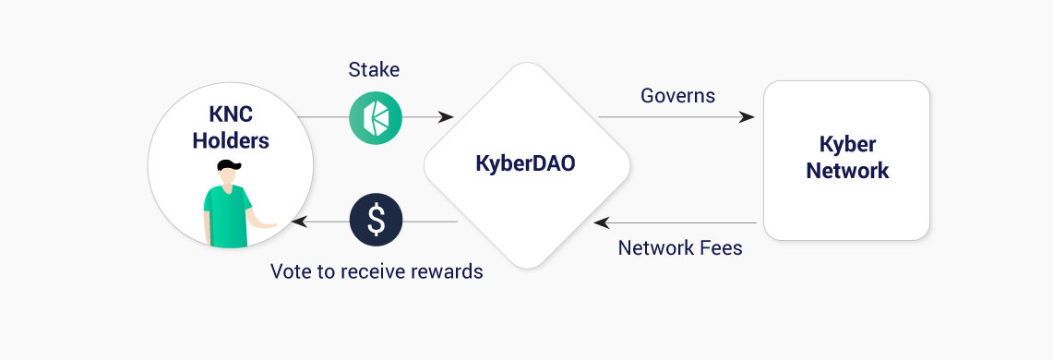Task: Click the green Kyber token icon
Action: coord(376,118)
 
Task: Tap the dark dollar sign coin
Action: coord(376,221)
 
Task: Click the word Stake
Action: coord(374,69)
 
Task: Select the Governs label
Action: coord(678,95)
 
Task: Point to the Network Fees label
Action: coord(680,247)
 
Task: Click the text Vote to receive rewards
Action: coord(377,271)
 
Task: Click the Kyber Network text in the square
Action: coord(847,158)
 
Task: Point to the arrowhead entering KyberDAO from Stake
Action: coord(447,117)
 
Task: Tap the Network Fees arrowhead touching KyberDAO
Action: coord(602,222)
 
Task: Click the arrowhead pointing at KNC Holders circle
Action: coord(298,222)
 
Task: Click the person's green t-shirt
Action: coord(226,210)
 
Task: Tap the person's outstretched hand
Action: coord(269,224)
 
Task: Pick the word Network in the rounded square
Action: coord(847,171)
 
